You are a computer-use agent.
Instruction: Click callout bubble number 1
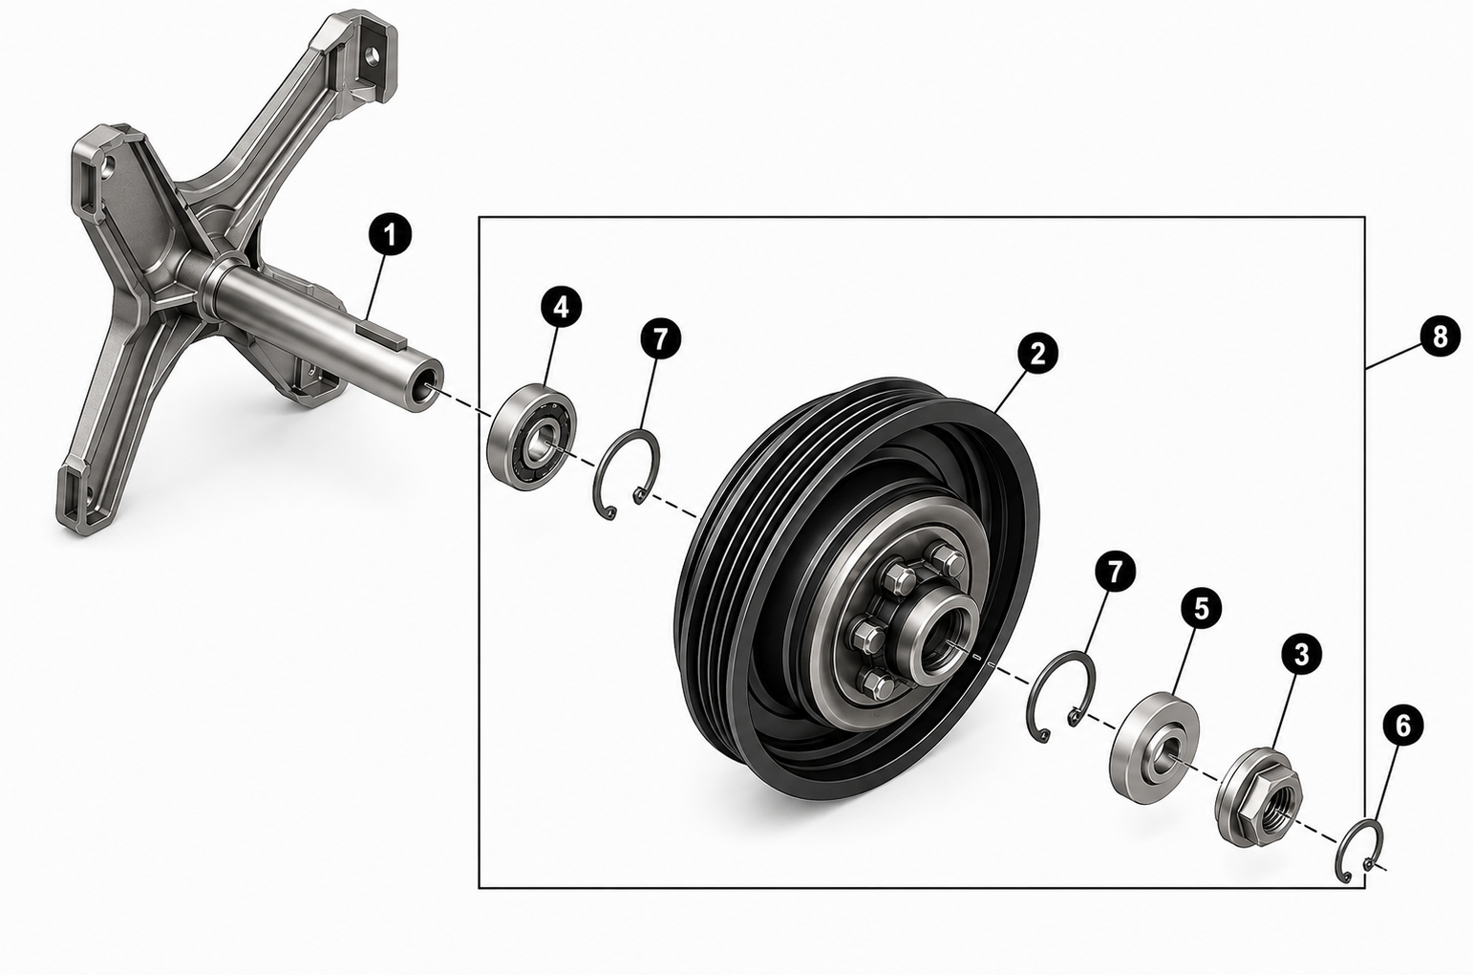pos(391,235)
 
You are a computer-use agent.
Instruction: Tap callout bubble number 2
pos(1037,354)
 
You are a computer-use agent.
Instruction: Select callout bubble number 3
pos(1301,654)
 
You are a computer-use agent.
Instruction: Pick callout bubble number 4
pos(561,307)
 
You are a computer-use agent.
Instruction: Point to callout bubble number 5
pos(1201,609)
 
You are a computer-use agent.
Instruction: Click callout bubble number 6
pos(1402,726)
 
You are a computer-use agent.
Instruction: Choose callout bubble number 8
pos(1440,337)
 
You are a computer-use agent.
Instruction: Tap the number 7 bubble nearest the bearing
pos(660,338)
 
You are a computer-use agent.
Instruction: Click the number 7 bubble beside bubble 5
pos(1114,573)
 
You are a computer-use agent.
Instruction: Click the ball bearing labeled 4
pos(531,436)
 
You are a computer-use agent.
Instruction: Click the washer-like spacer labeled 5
pos(1154,746)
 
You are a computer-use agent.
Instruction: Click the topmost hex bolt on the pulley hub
pos(947,561)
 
